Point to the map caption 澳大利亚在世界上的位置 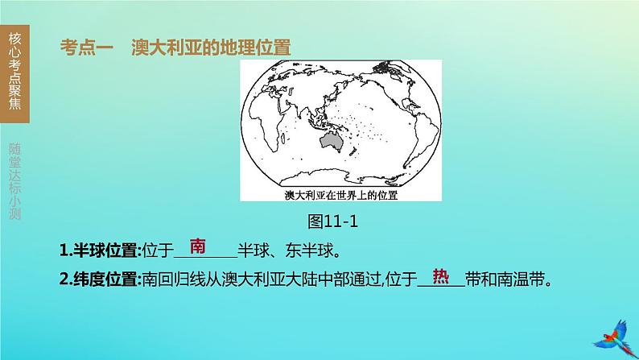(343, 196)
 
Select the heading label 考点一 (87, 48)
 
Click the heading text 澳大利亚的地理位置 (211, 48)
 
